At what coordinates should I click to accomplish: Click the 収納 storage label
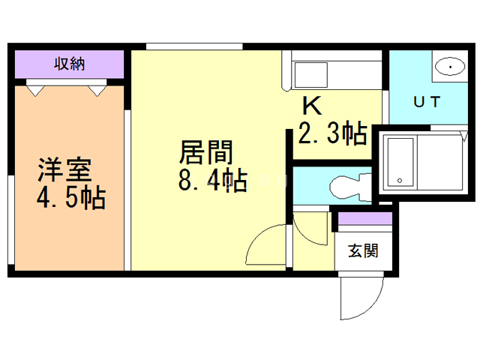(x=70, y=64)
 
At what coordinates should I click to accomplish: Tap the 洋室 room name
(x=65, y=169)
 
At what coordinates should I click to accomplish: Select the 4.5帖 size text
(x=71, y=197)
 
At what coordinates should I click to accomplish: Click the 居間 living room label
(x=206, y=152)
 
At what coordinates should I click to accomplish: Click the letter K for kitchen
(x=312, y=106)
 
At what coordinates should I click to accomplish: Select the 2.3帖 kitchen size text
(x=333, y=133)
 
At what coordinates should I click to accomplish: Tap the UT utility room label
(x=427, y=102)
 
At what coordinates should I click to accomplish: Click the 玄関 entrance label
(x=363, y=250)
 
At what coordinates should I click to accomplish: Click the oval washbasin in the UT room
(x=450, y=67)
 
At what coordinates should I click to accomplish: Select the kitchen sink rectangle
(x=310, y=75)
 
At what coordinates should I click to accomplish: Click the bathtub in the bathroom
(x=400, y=162)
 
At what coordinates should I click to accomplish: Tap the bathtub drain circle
(x=400, y=181)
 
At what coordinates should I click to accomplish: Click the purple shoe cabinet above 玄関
(x=365, y=218)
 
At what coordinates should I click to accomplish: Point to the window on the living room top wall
(x=194, y=46)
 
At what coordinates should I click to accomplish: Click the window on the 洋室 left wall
(x=11, y=220)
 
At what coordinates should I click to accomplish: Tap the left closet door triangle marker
(x=35, y=91)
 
